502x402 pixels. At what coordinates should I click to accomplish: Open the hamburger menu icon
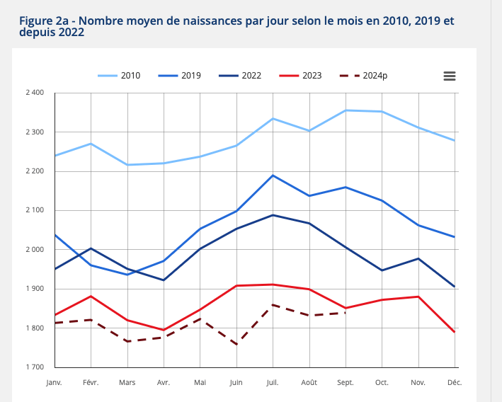pyautogui.click(x=450, y=76)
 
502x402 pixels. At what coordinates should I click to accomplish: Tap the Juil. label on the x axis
pyautogui.click(x=273, y=383)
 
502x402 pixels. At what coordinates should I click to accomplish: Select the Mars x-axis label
pyautogui.click(x=127, y=383)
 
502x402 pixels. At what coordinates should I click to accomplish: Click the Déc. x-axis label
pyautogui.click(x=454, y=383)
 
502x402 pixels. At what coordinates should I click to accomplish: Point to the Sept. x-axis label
pyautogui.click(x=346, y=383)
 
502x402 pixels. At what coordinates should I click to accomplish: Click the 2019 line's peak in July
pyautogui.click(x=273, y=176)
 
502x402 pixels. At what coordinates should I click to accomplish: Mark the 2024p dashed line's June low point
pyautogui.click(x=236, y=344)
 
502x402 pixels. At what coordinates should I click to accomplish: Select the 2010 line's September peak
pyautogui.click(x=346, y=110)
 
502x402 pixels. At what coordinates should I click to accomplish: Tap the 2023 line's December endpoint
pyautogui.click(x=454, y=332)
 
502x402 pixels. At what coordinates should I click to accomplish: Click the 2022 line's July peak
pyautogui.click(x=273, y=215)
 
